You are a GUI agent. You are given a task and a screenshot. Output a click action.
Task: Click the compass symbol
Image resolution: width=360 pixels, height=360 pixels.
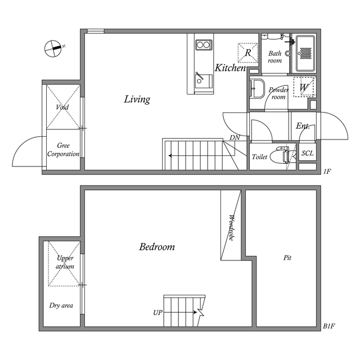point(54,48)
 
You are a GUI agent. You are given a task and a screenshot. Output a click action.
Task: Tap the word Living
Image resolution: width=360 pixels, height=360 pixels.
point(137,100)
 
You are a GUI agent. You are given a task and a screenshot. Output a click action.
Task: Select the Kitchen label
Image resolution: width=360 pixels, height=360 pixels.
point(231,68)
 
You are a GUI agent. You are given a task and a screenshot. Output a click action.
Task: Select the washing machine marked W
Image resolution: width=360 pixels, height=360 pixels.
point(304,87)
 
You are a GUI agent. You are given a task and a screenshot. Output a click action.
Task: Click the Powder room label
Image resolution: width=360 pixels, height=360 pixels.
point(278,93)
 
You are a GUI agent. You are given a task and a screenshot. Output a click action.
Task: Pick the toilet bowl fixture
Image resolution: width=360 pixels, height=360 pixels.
point(280,156)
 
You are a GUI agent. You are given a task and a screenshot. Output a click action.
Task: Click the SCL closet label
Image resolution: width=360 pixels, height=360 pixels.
point(308,154)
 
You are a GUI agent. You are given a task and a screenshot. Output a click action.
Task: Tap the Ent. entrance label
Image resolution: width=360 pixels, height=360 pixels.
point(303,127)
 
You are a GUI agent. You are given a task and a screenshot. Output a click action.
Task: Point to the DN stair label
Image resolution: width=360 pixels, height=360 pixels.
point(235,138)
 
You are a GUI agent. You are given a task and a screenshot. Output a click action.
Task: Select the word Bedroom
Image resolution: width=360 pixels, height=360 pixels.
point(157,247)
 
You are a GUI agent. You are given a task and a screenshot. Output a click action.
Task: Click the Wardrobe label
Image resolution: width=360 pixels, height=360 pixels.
point(231,227)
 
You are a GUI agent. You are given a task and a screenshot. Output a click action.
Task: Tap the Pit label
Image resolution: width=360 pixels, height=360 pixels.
point(287,258)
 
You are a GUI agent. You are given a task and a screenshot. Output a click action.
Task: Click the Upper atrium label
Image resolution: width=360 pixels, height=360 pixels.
point(65,262)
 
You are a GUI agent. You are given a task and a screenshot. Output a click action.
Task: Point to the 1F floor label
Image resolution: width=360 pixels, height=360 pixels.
point(327,171)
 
